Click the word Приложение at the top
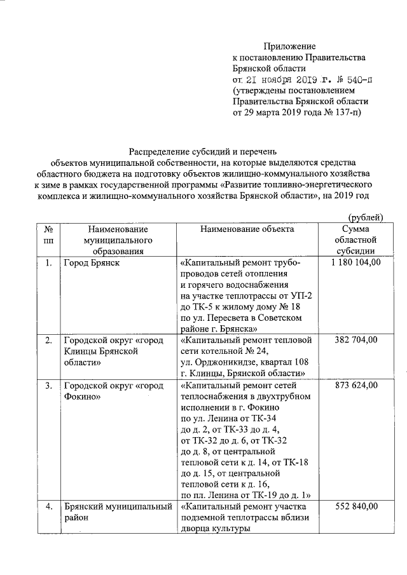(289, 46)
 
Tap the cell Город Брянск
(92, 262)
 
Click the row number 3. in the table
(48, 385)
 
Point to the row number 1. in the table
(48, 262)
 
